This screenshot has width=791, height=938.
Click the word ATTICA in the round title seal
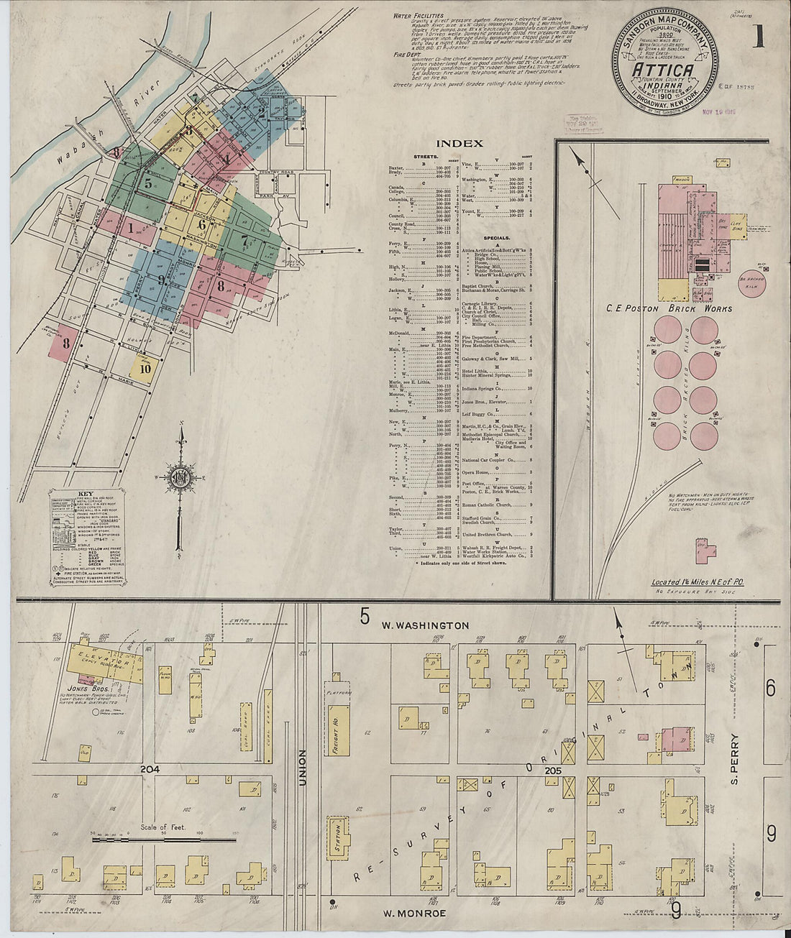(x=663, y=70)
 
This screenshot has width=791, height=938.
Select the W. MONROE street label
(x=413, y=913)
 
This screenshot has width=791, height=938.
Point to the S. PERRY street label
(x=734, y=758)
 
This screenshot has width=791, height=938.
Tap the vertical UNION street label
(x=303, y=768)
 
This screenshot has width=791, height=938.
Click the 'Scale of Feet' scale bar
(x=165, y=837)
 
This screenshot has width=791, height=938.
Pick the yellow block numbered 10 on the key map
(x=145, y=368)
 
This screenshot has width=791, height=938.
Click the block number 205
(x=552, y=771)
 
